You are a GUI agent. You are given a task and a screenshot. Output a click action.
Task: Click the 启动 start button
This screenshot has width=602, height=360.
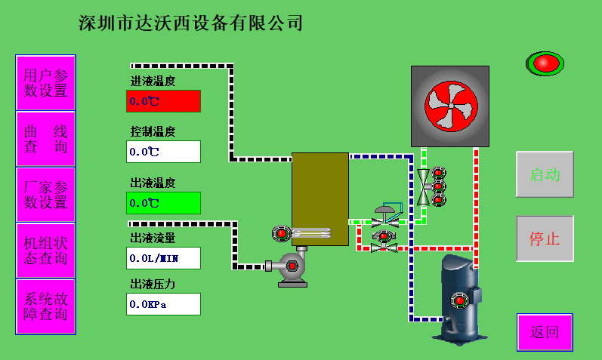pos(545,174)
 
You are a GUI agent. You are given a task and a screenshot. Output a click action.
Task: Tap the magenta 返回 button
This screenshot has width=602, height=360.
pos(545,331)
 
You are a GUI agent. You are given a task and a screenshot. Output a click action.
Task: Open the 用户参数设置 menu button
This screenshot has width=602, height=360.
pos(45,83)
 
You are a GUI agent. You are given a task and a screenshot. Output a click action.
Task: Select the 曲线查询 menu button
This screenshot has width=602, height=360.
pos(45,139)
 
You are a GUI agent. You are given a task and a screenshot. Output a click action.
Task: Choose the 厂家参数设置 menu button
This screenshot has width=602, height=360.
pos(45,195)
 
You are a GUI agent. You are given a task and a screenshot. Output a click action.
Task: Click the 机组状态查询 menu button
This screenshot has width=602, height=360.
pos(45,251)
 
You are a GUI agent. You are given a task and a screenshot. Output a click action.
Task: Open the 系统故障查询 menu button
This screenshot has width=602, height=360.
pos(45,306)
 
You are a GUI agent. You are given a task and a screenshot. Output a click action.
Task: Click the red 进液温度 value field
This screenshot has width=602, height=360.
pos(163,101)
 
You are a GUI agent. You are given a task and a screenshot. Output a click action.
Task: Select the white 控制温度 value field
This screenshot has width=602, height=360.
pos(163,152)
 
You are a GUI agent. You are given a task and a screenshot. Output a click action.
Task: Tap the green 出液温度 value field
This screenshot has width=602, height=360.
pos(163,203)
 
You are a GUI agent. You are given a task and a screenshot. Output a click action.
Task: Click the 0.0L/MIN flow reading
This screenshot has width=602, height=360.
pos(163,258)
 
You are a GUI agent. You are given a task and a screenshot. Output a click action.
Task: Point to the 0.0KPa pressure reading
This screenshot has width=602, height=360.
pos(163,304)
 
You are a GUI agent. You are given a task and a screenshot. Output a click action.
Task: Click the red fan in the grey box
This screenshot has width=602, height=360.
pos(449,106)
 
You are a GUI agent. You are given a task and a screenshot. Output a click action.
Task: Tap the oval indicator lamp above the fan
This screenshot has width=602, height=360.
pos(545,63)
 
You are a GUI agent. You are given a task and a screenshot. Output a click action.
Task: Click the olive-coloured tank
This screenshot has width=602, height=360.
pos(320,198)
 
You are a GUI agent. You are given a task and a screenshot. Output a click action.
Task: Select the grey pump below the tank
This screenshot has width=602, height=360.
pos(292,268)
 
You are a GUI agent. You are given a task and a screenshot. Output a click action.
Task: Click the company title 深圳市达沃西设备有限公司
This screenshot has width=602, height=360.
pos(190,23)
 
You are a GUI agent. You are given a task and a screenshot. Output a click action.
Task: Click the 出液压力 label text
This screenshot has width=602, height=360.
pos(153,285)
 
